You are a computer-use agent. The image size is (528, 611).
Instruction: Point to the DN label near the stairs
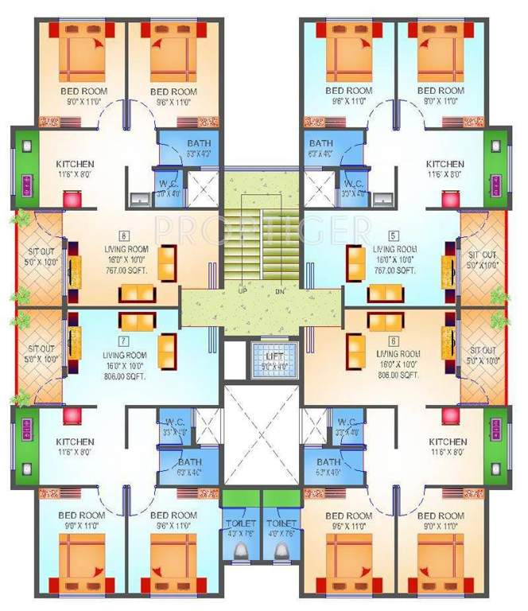tap(280, 290)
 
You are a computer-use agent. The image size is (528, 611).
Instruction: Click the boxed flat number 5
tap(393, 235)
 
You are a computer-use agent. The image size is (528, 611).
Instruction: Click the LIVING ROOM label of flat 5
tap(393, 249)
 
